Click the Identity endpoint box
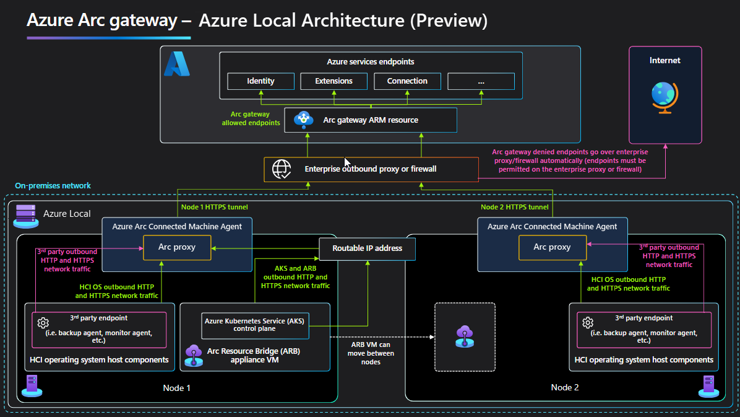click(260, 81)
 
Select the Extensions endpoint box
click(333, 81)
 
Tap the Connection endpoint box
click(407, 81)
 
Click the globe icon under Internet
click(665, 97)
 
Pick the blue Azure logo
click(176, 64)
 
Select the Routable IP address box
click(367, 248)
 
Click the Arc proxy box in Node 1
click(177, 247)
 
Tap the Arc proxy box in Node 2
click(552, 247)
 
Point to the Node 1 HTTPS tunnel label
click(214, 207)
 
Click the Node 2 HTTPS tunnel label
click(514, 207)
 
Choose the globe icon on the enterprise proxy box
click(282, 169)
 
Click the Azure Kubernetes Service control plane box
click(255, 325)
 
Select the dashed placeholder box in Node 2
click(465, 337)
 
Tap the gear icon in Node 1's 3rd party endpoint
click(43, 323)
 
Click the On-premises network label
click(53, 186)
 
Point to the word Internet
click(665, 61)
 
